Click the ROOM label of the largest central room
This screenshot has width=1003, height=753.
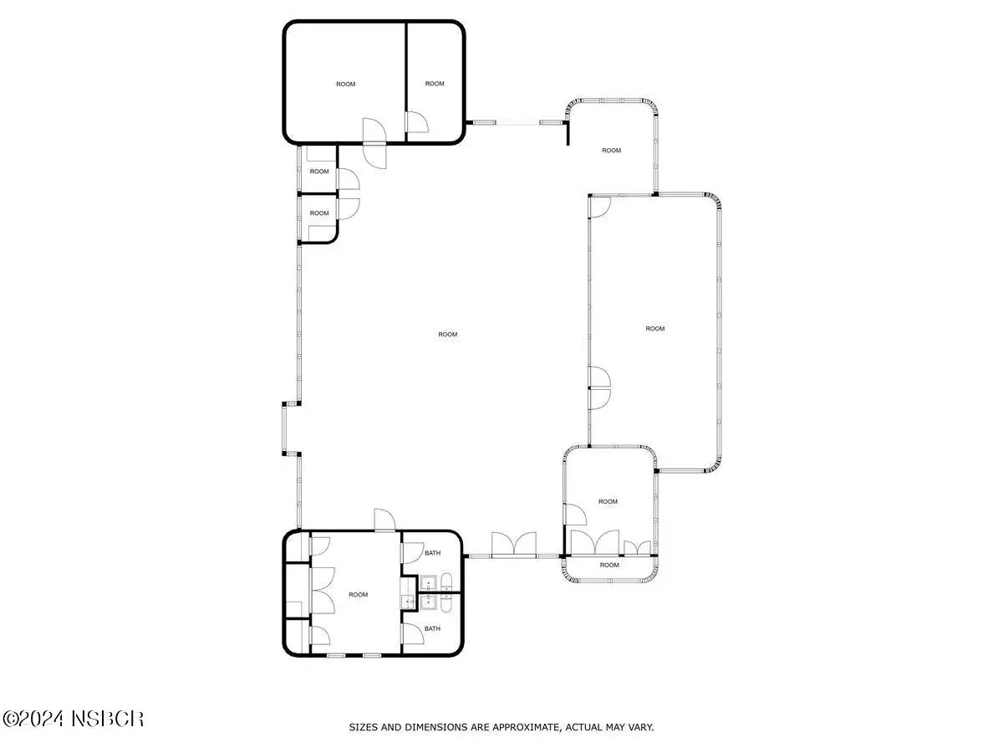pos(447,334)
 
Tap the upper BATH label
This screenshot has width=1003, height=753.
pos(432,553)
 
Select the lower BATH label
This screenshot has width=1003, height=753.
pos(432,628)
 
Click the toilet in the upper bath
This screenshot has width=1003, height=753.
pos(446,582)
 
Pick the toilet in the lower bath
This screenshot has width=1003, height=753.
pos(446,603)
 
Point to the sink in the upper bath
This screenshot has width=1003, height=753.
pos(428,584)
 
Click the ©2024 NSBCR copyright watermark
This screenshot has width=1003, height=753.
pos(73,719)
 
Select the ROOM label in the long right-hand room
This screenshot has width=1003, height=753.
pos(654,328)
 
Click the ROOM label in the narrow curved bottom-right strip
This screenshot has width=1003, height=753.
pos(609,565)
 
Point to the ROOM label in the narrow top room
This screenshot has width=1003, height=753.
pos(435,84)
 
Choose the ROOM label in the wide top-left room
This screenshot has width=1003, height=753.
pos(345,85)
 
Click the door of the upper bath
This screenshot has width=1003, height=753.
pos(412,553)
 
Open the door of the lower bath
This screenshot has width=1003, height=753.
pos(412,633)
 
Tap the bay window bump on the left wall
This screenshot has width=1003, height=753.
pos(284,428)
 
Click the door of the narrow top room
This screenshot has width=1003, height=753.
pos(417,122)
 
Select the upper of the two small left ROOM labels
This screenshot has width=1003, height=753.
pos(319,172)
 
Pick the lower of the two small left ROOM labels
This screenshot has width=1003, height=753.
pos(319,213)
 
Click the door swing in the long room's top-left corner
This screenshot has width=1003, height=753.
pos(600,207)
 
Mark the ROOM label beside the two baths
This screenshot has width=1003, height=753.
pos(358,594)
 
